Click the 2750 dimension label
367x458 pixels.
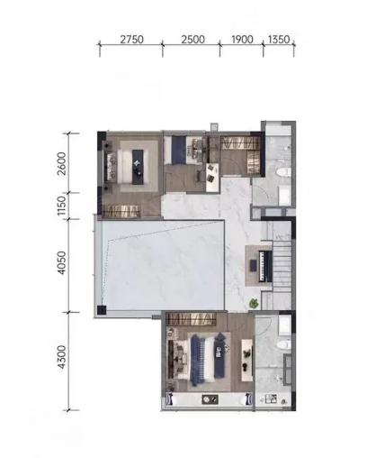131,40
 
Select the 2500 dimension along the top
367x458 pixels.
192,40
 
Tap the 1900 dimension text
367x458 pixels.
242,40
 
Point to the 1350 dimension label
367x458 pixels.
279,40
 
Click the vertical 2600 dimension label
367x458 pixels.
62,163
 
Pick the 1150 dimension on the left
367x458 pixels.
61,206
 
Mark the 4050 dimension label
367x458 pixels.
62,263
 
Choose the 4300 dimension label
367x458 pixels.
62,357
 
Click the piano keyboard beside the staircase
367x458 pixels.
265,266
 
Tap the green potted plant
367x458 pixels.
254,303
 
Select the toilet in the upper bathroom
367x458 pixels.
284,172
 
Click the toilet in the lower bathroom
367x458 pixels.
284,345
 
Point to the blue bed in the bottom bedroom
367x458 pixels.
208,360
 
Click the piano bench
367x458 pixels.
254,266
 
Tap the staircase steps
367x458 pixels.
282,265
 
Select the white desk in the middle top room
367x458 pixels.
212,178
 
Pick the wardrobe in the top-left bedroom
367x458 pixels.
121,211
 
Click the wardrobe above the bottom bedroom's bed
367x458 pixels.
192,319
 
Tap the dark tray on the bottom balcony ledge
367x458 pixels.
210,399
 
